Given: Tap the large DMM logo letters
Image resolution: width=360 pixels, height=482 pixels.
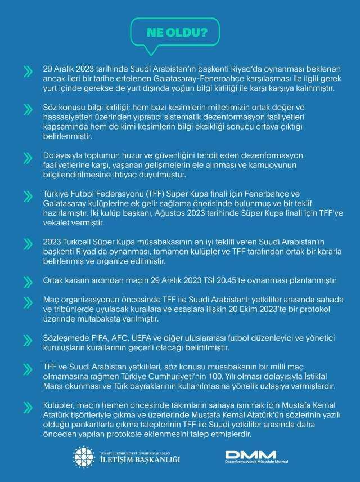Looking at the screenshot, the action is point(251,454).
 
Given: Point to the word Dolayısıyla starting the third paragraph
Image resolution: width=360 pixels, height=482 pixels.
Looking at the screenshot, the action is point(66,155).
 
